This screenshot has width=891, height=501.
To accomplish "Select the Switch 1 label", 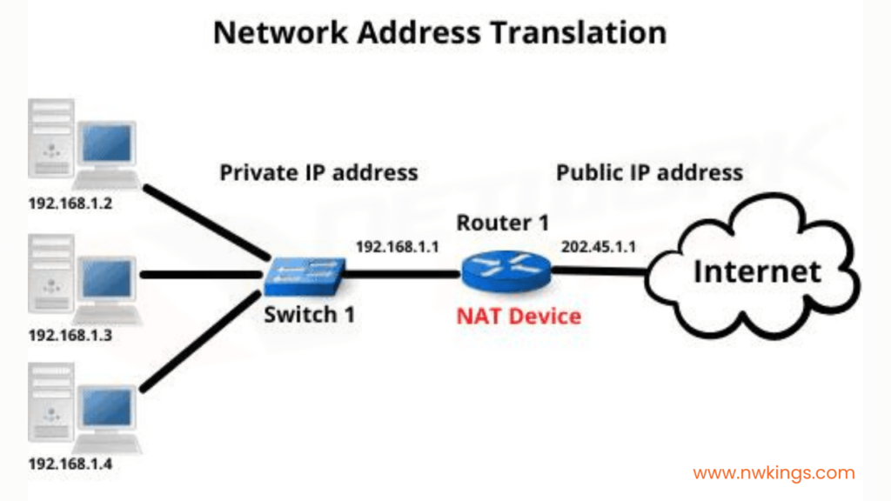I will pos(310,314).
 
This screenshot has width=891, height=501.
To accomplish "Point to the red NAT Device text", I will pos(519,315).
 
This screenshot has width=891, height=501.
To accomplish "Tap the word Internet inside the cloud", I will pos(757,271).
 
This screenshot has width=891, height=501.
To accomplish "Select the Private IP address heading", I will pos(318,172).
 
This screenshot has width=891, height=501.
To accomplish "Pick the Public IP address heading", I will pos(649,172).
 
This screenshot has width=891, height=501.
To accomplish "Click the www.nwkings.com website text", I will pos(774,474).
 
